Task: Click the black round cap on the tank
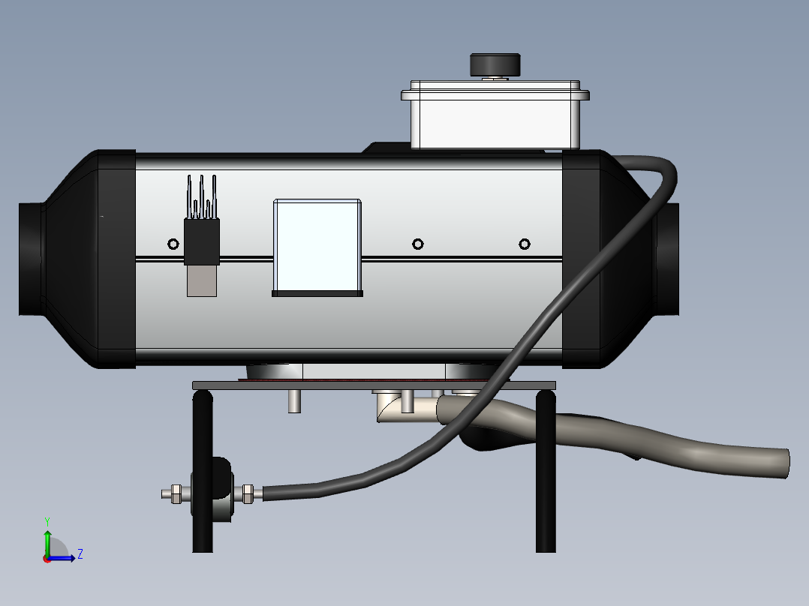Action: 495,65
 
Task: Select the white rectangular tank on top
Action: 495,115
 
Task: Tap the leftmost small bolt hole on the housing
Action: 173,244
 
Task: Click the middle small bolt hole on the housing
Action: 418,244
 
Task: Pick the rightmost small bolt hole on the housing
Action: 524,244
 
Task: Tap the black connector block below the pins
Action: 202,241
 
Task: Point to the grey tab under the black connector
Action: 202,281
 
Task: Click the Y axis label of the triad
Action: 47,521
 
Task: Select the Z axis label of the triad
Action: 80,554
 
